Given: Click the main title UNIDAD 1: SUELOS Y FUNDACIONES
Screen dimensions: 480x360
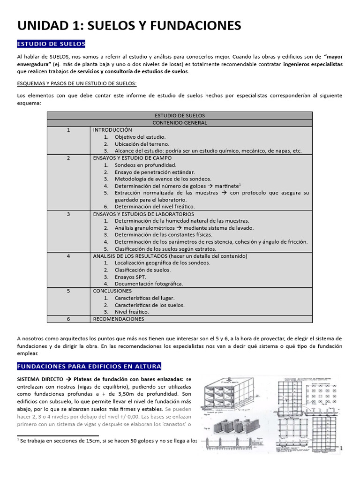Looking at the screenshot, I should click(x=129, y=25).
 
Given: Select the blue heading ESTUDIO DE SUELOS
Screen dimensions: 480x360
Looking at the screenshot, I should click(x=51, y=44).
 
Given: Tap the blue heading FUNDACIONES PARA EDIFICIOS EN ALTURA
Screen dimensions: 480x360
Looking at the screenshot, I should click(x=89, y=366).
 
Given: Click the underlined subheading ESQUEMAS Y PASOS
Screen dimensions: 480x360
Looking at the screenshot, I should click(x=76, y=83).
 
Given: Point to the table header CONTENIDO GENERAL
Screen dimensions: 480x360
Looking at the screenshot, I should click(x=180, y=123).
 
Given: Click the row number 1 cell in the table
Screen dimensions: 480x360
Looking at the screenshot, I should click(x=68, y=130).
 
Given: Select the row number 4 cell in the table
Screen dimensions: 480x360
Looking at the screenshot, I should click(x=68, y=256).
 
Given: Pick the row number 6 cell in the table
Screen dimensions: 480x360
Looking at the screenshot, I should click(x=68, y=319).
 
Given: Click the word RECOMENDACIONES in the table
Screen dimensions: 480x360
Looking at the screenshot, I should click(x=119, y=319).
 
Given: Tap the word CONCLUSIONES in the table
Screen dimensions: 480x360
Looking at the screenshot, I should click(x=112, y=291).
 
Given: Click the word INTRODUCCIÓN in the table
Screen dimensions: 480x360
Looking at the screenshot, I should click(x=112, y=130).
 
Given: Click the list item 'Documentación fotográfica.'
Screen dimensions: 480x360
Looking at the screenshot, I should click(x=149, y=284).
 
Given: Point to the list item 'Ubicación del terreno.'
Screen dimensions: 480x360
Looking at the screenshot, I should click(x=142, y=144).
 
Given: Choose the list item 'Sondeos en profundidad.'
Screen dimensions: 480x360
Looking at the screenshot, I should click(x=145, y=165).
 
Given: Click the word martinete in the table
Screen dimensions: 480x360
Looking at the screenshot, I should click(x=225, y=186).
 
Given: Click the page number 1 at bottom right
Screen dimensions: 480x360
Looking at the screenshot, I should click(x=341, y=449).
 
